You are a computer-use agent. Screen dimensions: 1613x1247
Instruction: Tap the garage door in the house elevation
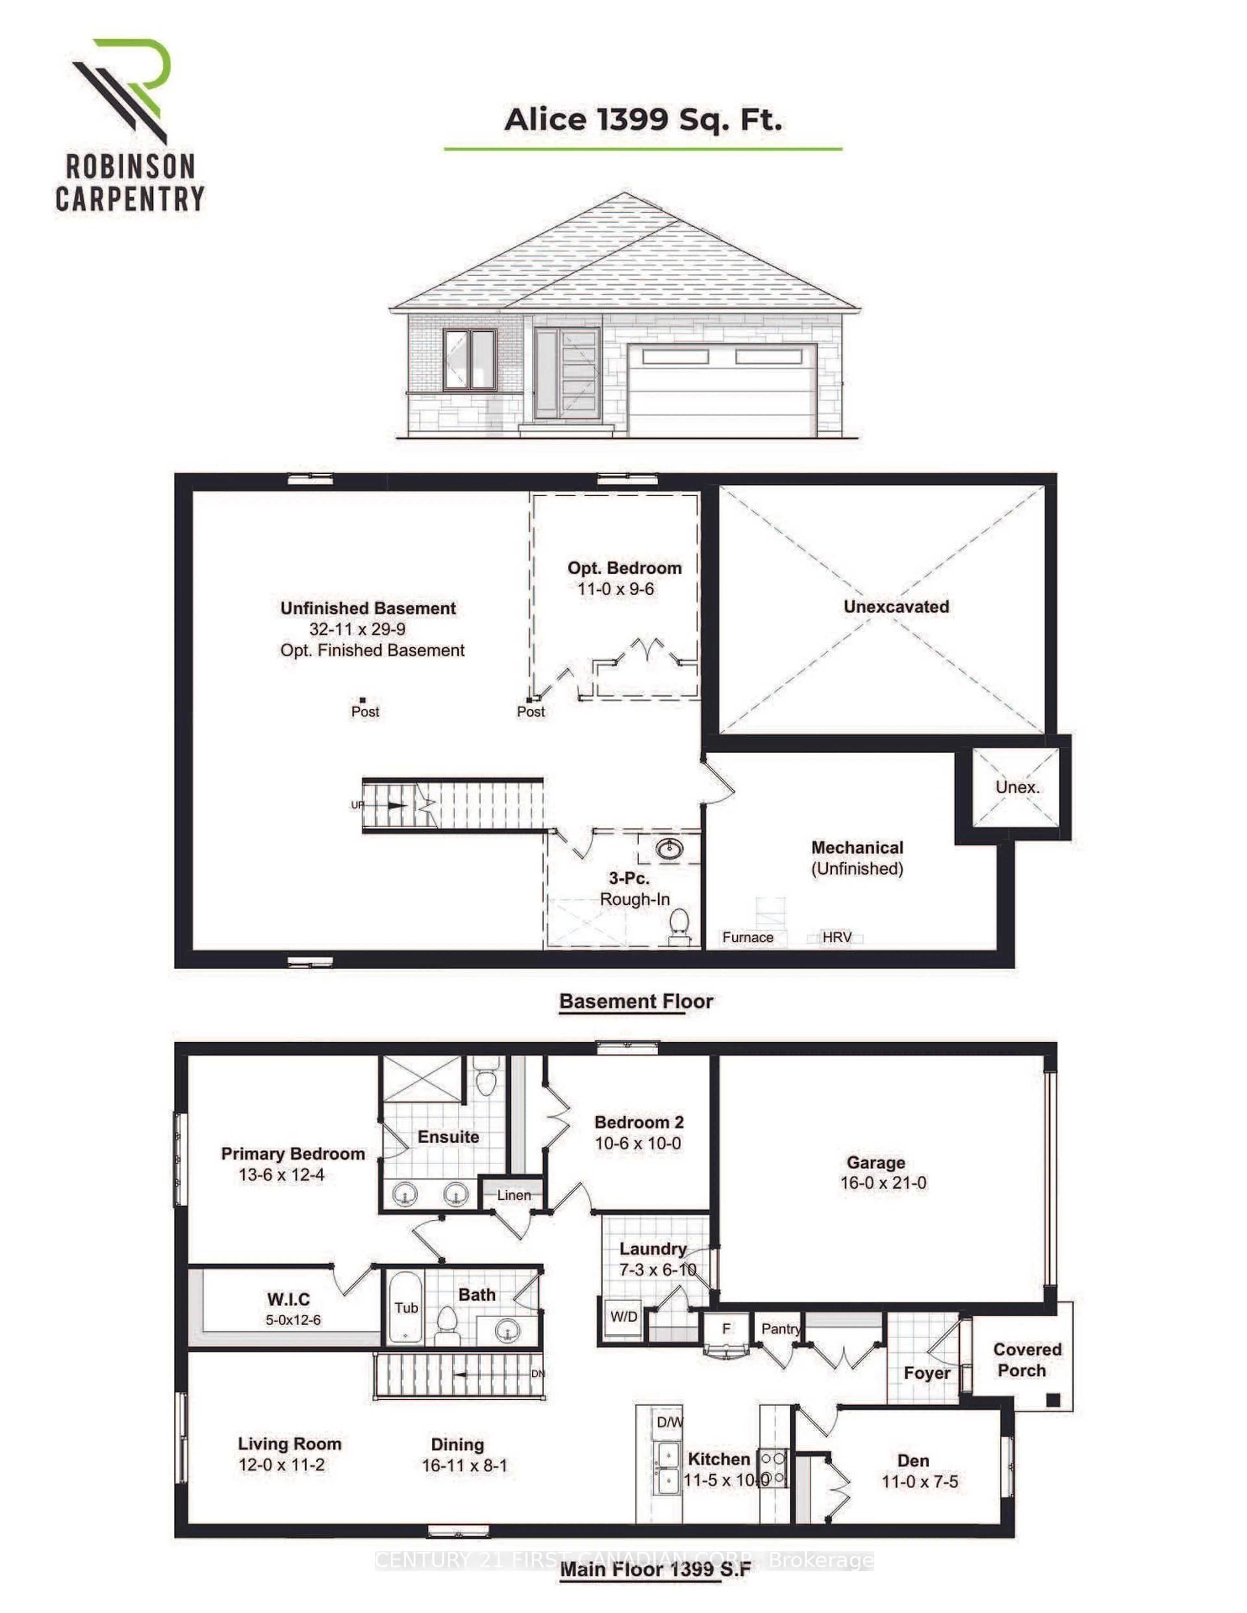click(x=722, y=389)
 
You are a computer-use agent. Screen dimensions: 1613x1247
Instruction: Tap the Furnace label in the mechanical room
click(x=748, y=937)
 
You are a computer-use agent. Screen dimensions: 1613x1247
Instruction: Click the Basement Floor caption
click(x=635, y=1002)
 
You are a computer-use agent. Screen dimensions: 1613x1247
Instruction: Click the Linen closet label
click(x=513, y=1195)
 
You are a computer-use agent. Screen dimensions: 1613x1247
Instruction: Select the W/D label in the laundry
click(x=623, y=1316)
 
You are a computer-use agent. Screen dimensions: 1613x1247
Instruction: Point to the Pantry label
click(x=780, y=1329)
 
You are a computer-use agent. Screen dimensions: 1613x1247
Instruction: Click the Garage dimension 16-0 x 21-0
click(x=883, y=1183)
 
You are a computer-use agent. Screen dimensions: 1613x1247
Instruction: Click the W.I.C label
click(x=288, y=1299)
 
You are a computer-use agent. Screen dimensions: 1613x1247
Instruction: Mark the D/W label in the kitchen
click(x=669, y=1422)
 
